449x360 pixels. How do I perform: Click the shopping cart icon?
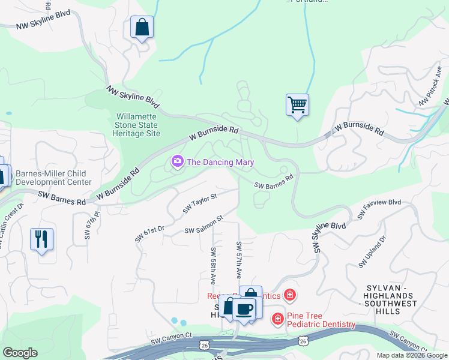297,106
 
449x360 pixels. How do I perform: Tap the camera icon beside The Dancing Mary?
177,162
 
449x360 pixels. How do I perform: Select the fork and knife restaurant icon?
41,239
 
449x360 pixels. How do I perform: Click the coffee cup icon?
244,309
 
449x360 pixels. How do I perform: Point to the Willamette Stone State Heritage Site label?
136,124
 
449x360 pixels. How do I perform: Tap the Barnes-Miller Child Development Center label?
53,178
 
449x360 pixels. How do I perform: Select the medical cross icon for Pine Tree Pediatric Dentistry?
278,319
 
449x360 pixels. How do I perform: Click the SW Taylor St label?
200,202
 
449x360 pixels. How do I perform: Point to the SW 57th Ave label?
239,260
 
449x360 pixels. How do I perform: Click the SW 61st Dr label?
149,233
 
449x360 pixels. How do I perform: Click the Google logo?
20,352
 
